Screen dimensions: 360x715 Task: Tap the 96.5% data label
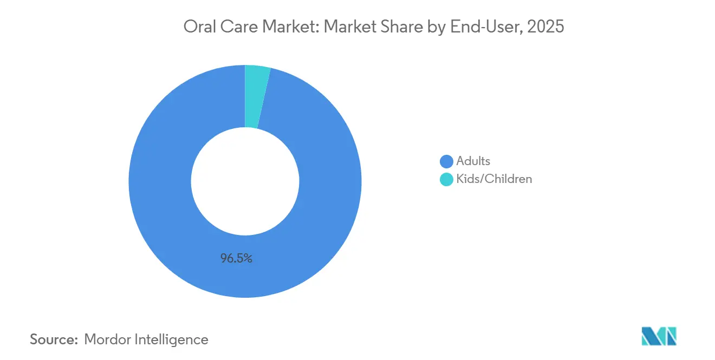(x=236, y=259)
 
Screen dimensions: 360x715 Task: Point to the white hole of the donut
(x=245, y=181)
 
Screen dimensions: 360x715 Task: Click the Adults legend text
(x=473, y=161)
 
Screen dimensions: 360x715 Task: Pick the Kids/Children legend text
(x=494, y=179)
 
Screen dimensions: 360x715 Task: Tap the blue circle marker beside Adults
(x=446, y=161)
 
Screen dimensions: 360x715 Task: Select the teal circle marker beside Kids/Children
(x=446, y=179)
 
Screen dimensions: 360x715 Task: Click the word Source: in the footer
(x=54, y=339)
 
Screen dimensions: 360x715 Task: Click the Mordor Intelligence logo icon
(x=659, y=336)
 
